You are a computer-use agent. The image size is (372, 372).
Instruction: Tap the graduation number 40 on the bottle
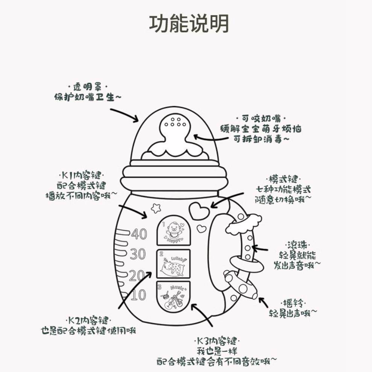[x=139, y=234]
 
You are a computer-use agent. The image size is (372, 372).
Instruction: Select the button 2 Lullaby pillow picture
[x=173, y=264]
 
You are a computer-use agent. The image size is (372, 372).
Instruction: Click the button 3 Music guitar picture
[x=173, y=296]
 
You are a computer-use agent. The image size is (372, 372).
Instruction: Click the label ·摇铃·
[x=293, y=303]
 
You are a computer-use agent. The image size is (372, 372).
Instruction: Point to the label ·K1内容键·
[x=81, y=176]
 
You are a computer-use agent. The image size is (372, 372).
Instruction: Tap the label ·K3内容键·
[x=217, y=342]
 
